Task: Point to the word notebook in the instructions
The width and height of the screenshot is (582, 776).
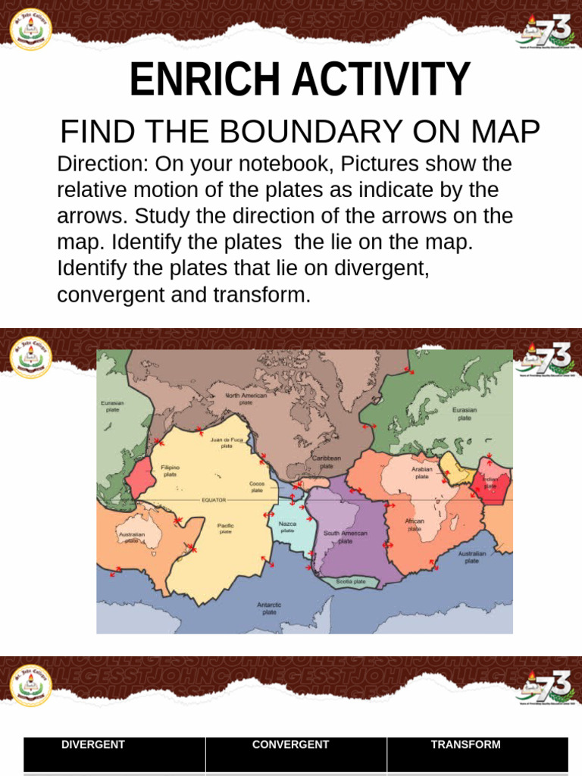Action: (291, 164)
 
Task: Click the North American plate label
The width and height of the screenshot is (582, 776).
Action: (246, 399)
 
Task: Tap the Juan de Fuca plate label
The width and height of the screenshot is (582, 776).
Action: (227, 443)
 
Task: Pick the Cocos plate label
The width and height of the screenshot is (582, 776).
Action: (257, 487)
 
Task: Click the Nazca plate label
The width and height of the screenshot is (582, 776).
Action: (288, 527)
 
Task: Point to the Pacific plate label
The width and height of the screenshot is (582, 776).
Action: (226, 528)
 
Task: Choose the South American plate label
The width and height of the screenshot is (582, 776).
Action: (345, 537)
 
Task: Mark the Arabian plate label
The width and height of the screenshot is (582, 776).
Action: (422, 473)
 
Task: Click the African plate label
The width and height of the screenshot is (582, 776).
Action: (415, 525)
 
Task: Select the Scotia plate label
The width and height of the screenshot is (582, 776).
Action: (351, 581)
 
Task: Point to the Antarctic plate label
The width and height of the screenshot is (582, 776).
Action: (269, 608)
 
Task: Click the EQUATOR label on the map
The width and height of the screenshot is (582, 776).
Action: (214, 500)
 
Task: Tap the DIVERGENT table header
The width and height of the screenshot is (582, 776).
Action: (93, 745)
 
